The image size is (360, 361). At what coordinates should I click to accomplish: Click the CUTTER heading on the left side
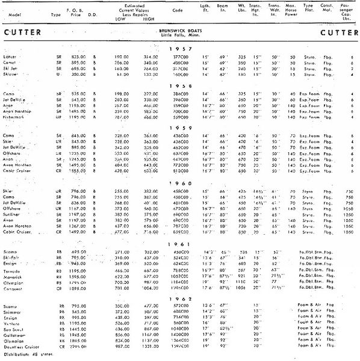[23, 30]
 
